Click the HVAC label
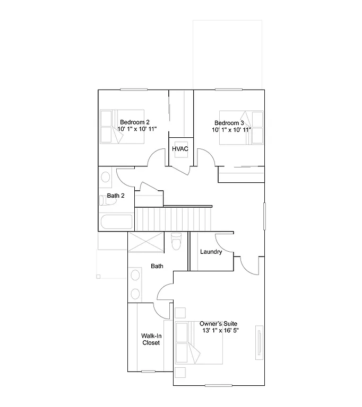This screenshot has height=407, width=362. (x=180, y=149)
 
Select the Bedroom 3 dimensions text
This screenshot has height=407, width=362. (x=231, y=130)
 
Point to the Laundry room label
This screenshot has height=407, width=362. (x=211, y=252)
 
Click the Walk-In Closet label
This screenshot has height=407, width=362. (x=151, y=339)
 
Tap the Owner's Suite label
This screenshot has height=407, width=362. (x=218, y=324)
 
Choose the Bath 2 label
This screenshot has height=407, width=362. (x=116, y=196)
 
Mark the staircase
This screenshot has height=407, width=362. (x=173, y=218)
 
